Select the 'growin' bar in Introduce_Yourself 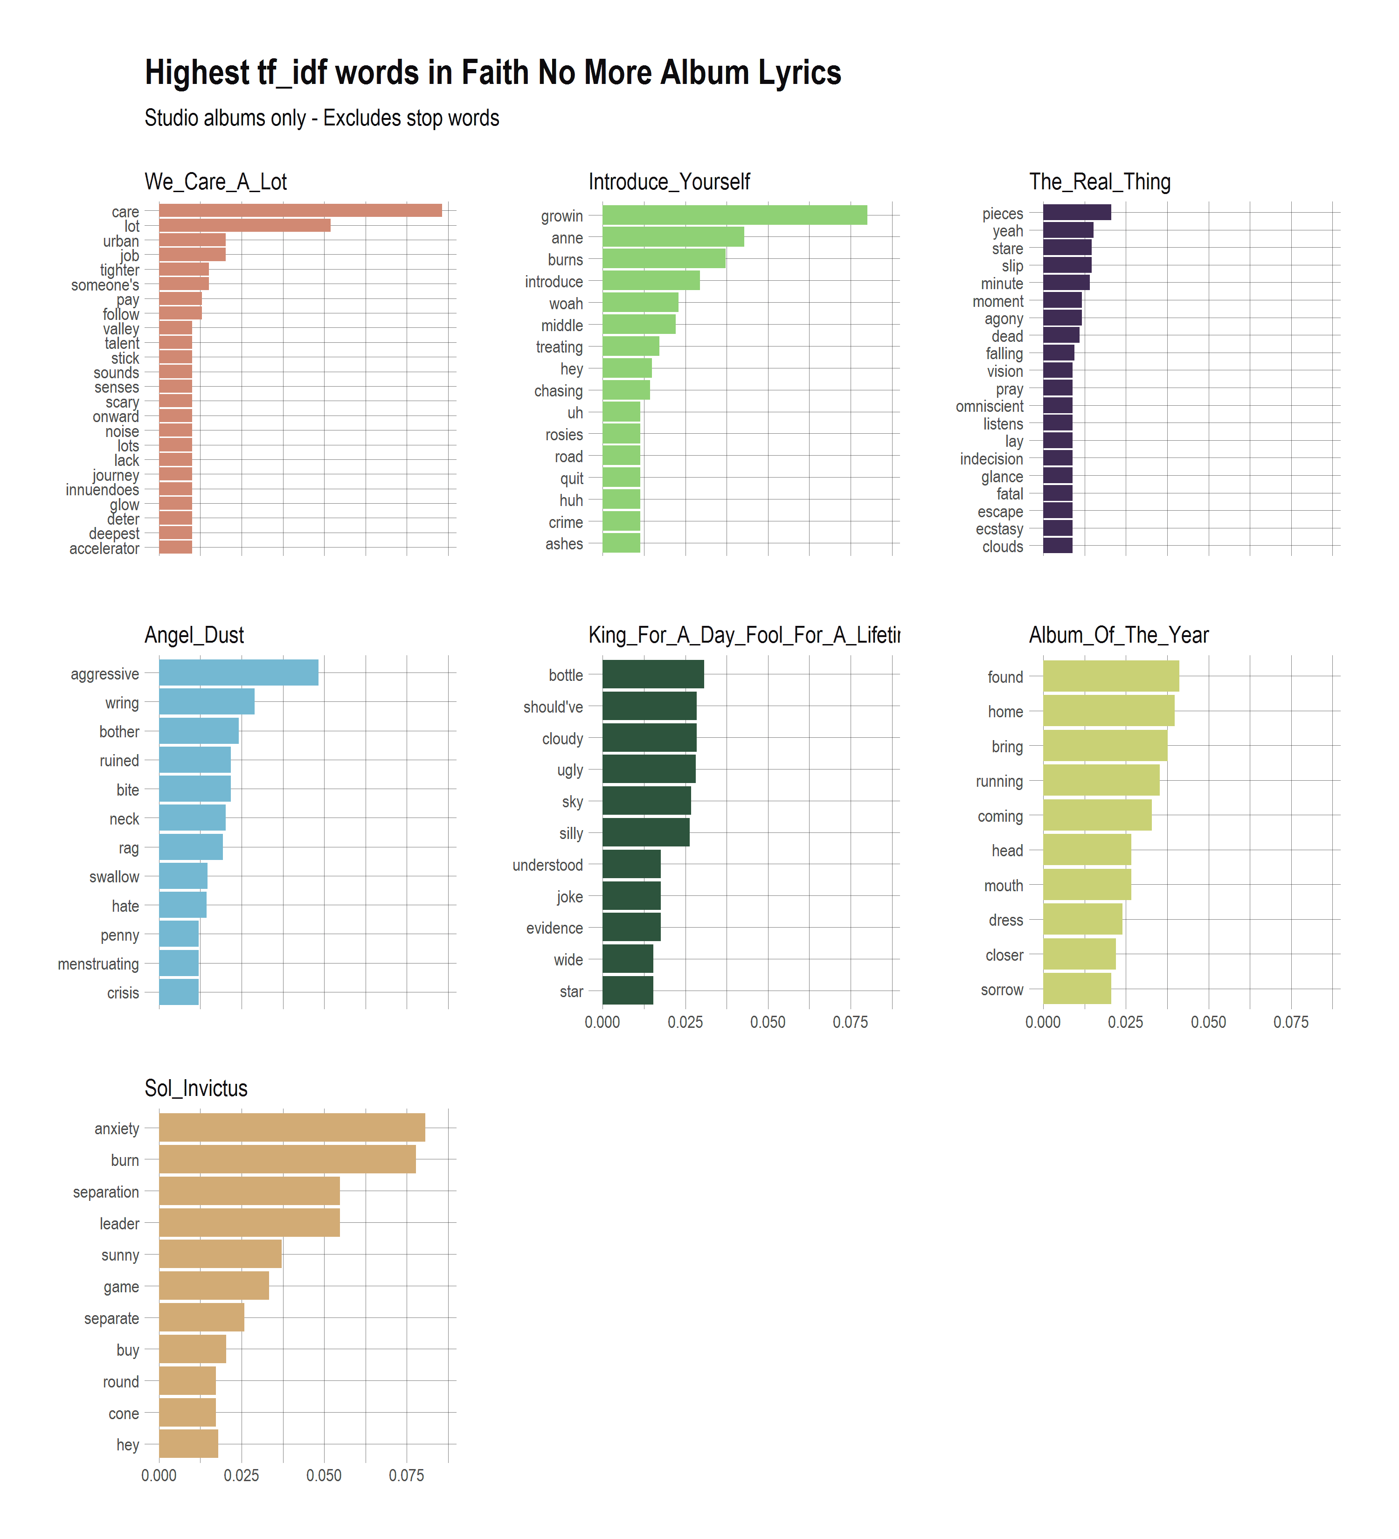[x=734, y=215]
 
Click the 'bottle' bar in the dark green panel [x=652, y=675]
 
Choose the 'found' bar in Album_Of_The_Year [x=1110, y=676]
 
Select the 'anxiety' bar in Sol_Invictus [x=291, y=1128]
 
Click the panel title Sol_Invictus [x=196, y=1088]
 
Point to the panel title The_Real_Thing [x=1099, y=182]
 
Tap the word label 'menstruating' [x=98, y=964]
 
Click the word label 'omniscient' [x=989, y=406]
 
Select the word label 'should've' [x=553, y=707]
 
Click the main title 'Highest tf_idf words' [x=492, y=73]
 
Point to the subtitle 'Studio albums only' [x=321, y=118]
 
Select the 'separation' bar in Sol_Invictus [x=249, y=1191]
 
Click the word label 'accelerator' [x=104, y=548]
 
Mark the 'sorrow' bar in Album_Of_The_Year [x=1076, y=989]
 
